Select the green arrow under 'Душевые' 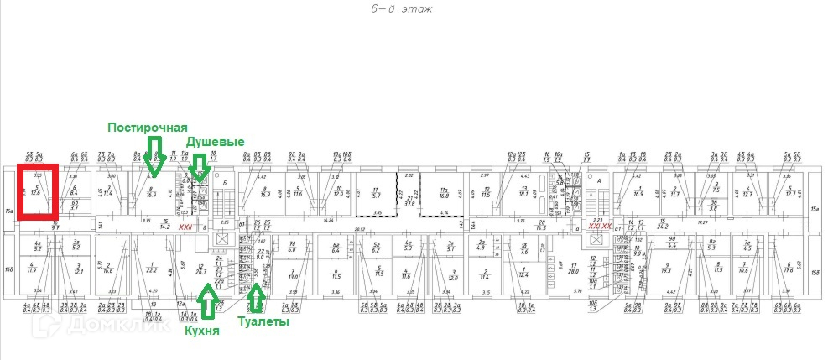200,167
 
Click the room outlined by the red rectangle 36,194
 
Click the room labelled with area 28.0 574,270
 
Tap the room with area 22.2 151,269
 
